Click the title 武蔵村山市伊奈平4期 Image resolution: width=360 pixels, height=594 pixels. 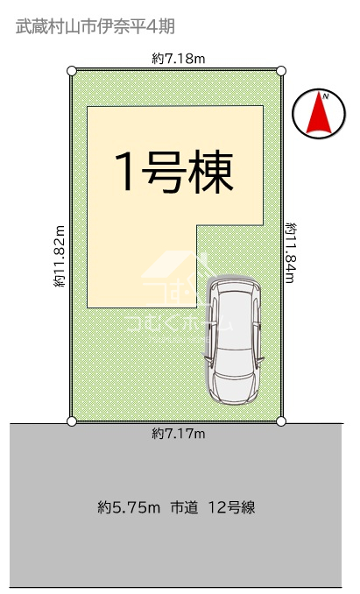(x=95, y=27)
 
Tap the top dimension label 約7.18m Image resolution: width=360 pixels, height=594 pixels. (x=179, y=59)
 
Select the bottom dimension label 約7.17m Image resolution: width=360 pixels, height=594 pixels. (x=179, y=434)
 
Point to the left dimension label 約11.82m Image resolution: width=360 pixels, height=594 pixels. (x=60, y=256)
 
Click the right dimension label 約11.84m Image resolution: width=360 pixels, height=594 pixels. (x=290, y=252)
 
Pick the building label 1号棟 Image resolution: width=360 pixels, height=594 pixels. (x=174, y=172)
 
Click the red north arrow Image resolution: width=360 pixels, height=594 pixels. (x=319, y=112)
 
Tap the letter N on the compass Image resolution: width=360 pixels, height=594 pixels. (x=326, y=96)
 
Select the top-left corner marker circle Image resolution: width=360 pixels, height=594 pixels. (x=72, y=71)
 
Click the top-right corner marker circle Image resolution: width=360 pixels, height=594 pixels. (x=281, y=70)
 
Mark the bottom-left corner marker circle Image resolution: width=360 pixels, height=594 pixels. (x=72, y=421)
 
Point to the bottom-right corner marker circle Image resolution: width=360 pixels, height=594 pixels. (x=281, y=421)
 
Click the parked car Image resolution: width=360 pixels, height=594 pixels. (x=234, y=340)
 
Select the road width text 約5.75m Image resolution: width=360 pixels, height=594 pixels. (x=129, y=507)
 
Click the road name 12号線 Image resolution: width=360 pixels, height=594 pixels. (x=232, y=507)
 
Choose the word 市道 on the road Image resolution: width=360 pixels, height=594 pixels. (x=184, y=507)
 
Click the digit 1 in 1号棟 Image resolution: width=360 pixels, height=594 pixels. (x=126, y=172)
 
